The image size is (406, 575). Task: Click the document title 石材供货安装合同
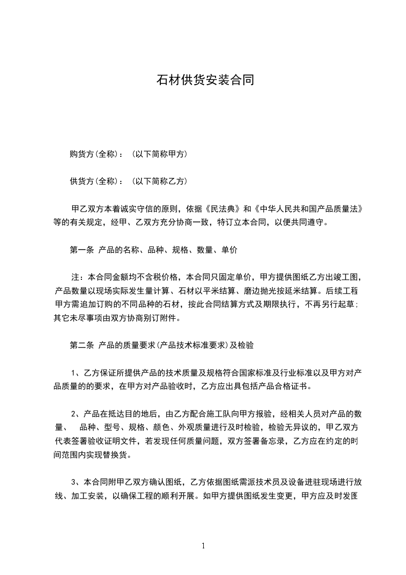tap(205, 80)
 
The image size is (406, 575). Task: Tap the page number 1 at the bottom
tap(203, 546)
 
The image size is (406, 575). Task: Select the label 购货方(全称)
tap(94, 154)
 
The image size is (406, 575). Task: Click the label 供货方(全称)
tap(94, 181)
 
